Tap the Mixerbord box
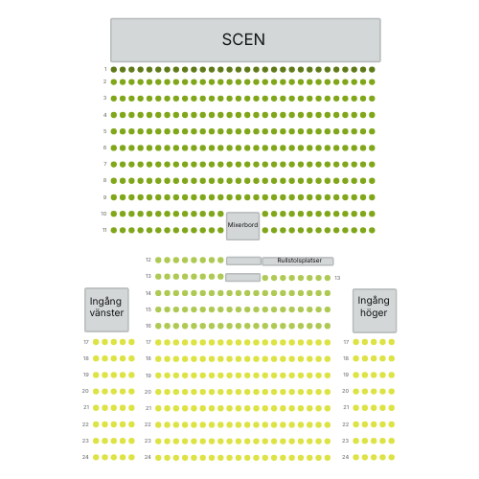pos(242,226)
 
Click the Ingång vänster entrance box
pos(106,309)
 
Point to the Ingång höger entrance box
pos(375,310)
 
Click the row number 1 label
pos(105,69)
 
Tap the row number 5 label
pos(104,131)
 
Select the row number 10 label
pos(103,214)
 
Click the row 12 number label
pos(148,260)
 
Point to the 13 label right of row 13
pos(337,278)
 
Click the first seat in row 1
pos(114,69)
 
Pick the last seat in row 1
pos(372,69)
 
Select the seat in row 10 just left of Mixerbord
pos(220,214)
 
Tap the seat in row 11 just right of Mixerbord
pos(265,230)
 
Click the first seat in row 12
pos(158,261)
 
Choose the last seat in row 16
pos(328,326)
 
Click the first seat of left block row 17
pos(96,342)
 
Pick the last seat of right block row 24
pos(392,457)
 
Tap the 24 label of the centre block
pos(148,457)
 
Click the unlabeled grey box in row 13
pos(242,277)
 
